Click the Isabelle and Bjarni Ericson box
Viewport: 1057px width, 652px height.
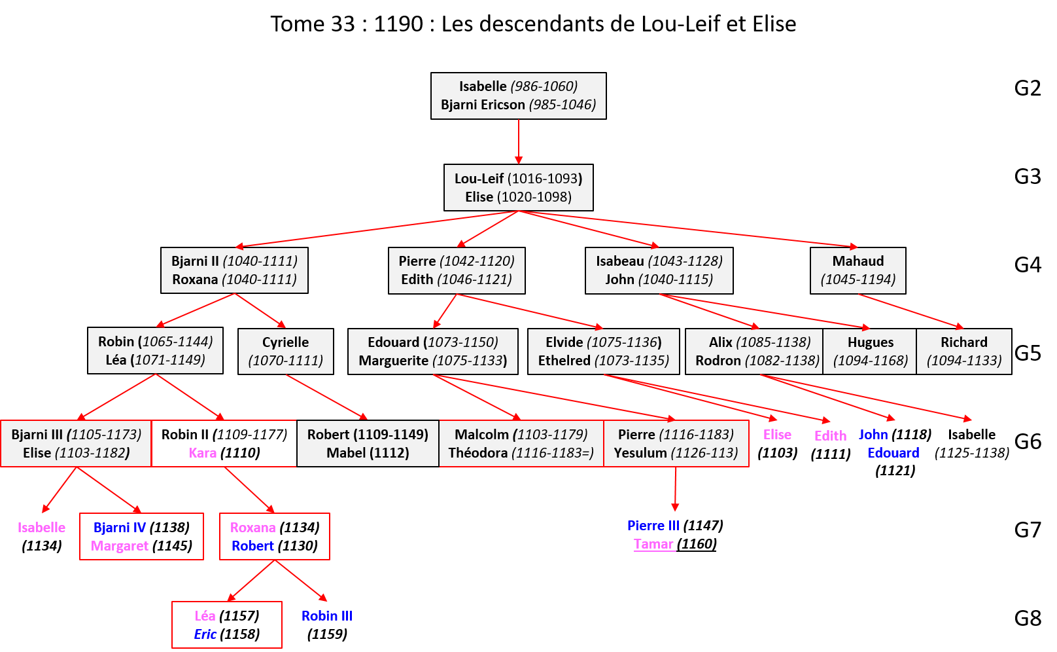[x=518, y=96]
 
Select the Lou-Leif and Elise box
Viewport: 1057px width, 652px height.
[x=518, y=187]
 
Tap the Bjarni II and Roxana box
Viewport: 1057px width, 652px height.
[x=234, y=270]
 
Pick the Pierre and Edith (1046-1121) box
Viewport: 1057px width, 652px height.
[x=456, y=270]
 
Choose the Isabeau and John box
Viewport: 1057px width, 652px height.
[x=659, y=270]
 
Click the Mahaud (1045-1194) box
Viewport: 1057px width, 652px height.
[x=858, y=270]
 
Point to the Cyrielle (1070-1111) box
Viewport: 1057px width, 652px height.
[x=285, y=351]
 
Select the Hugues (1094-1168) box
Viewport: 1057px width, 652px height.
[x=870, y=351]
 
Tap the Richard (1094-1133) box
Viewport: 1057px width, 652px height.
[x=963, y=351]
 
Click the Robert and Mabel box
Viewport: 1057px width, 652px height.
[x=368, y=443]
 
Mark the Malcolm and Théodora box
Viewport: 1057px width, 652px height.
[x=521, y=443]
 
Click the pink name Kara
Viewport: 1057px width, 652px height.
[x=203, y=453]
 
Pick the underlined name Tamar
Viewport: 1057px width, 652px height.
[x=653, y=544]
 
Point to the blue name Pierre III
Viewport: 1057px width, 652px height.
[x=653, y=526]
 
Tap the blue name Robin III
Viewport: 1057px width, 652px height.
[x=326, y=616]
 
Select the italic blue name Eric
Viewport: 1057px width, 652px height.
[x=205, y=634]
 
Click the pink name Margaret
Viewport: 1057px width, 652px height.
[x=120, y=546]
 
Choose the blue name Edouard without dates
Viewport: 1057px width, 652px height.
[x=893, y=453]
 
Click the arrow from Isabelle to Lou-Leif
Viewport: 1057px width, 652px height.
[x=519, y=141]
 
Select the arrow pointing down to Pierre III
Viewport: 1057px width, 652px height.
[x=675, y=488]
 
